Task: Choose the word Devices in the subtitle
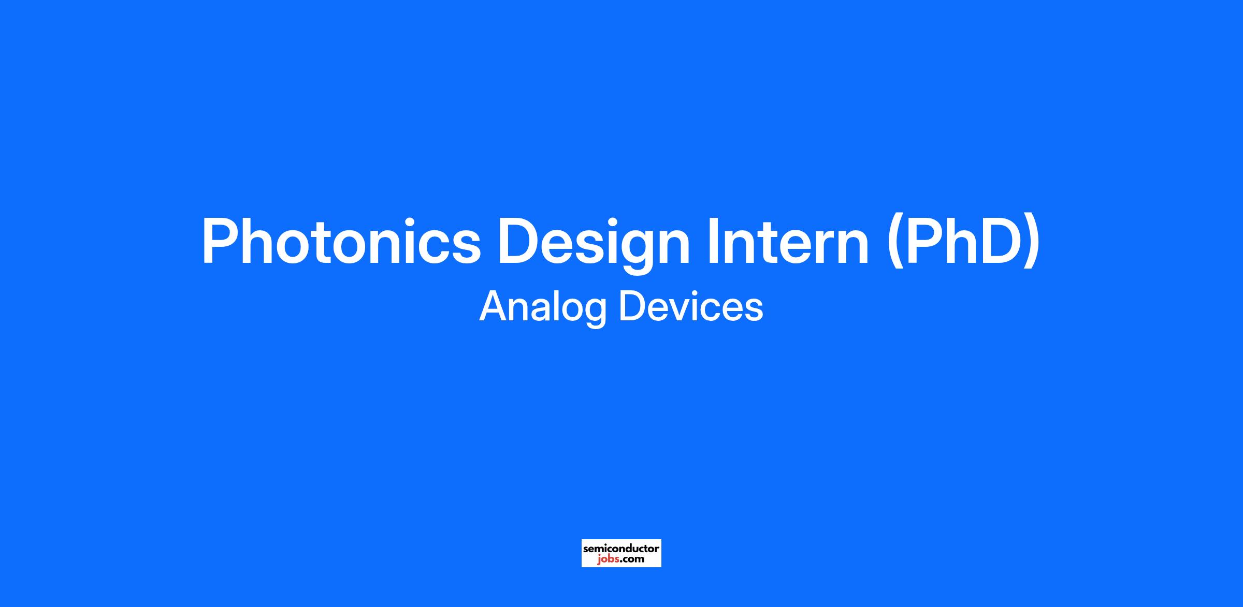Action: point(691,305)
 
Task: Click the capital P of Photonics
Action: point(221,240)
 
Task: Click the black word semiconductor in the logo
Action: point(621,548)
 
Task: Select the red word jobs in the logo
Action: point(607,559)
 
